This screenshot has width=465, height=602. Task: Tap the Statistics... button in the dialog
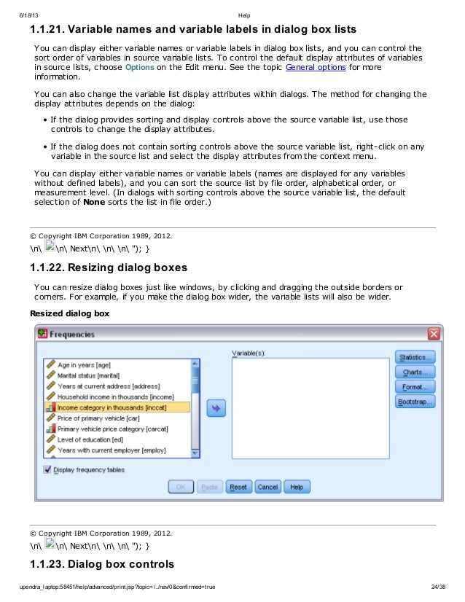tap(415, 357)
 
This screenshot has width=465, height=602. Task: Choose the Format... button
tap(415, 387)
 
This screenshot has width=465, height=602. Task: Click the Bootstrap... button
tap(415, 402)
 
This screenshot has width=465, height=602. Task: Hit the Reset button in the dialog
tap(238, 487)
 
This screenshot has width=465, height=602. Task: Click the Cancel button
tap(267, 487)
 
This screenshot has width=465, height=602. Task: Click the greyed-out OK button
tap(181, 487)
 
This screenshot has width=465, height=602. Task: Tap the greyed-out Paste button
tap(209, 487)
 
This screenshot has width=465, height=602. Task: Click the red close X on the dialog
tap(434, 334)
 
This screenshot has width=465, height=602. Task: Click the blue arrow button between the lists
tap(216, 408)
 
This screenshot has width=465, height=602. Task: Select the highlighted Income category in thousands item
tap(116, 408)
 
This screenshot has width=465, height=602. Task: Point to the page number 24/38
tap(438, 587)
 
